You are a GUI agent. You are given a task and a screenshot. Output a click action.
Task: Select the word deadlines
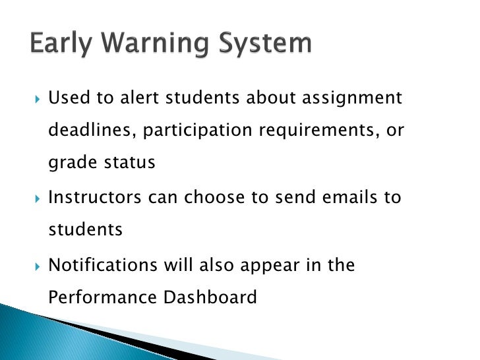(92, 131)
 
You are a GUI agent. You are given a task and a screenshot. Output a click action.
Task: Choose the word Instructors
(93, 198)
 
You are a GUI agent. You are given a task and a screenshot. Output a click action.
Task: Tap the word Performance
(98, 298)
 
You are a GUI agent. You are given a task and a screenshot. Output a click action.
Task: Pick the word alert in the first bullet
(140, 99)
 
